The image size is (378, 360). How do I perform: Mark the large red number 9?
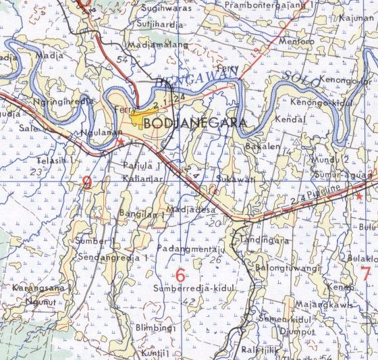click(x=87, y=182)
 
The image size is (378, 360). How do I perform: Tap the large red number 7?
click(x=364, y=274)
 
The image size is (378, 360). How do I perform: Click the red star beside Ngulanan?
click(x=121, y=143)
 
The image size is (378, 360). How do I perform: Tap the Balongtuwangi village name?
click(x=287, y=268)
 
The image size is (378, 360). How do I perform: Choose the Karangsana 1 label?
click(x=41, y=288)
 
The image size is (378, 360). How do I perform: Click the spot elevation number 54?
click(x=122, y=60)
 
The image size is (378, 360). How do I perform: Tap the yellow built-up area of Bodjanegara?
click(x=142, y=120)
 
